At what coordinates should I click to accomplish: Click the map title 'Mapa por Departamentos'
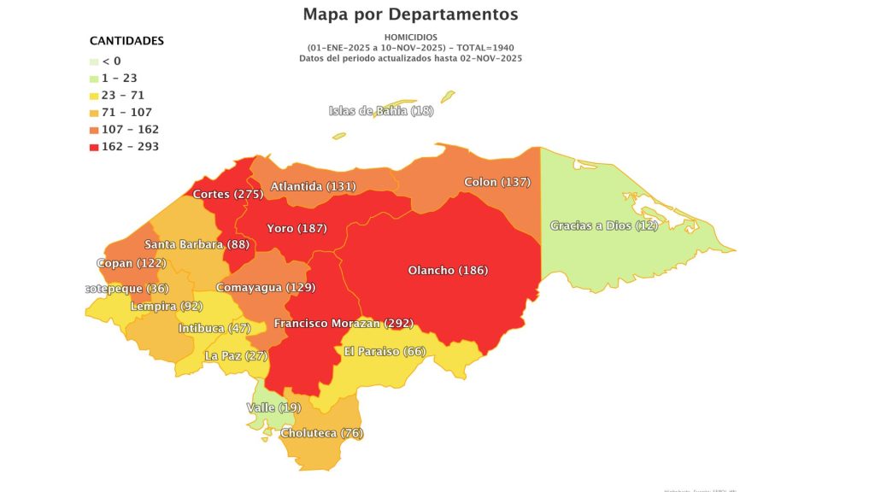pos(410,15)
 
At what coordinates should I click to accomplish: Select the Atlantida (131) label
pos(313,186)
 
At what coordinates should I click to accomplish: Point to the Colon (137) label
pos(497,182)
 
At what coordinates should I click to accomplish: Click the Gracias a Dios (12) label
pos(604,225)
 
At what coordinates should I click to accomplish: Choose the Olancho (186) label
pos(448,270)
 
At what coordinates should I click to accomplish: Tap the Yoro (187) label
pos(297,228)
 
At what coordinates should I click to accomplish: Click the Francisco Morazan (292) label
pos(344,323)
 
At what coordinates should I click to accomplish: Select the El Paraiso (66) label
pos(385,351)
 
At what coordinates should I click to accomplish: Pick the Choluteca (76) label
pos(321,433)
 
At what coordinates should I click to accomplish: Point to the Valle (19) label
pos(273,407)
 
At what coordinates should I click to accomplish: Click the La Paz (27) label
pos(236,355)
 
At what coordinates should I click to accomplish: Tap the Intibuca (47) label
pos(214,328)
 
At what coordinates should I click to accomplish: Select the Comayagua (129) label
pos(265,288)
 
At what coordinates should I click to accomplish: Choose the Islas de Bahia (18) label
pos(381,111)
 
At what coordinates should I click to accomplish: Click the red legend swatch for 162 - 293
pos(94,147)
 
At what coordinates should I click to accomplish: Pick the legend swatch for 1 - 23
pos(94,79)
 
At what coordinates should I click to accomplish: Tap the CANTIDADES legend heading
pos(126,41)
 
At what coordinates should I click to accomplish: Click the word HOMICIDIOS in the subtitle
pos(410,37)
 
